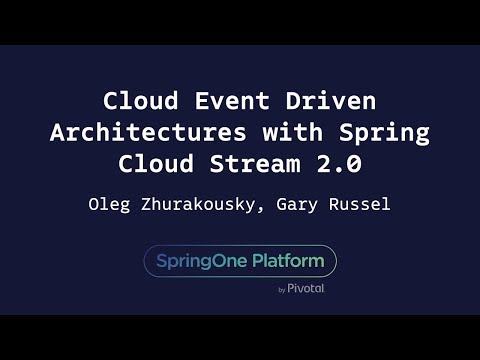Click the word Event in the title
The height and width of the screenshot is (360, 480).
click(x=216, y=103)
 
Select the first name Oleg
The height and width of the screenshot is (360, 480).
click(x=109, y=206)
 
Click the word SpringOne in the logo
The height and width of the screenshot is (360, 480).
click(x=201, y=261)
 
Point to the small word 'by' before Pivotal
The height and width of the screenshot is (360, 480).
click(x=282, y=289)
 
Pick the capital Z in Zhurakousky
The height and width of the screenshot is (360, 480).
click(x=147, y=206)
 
